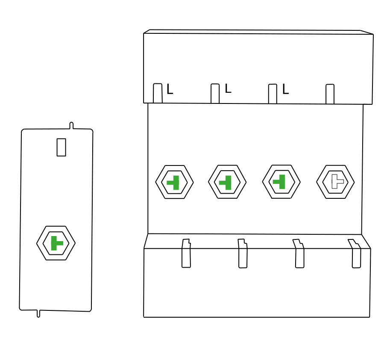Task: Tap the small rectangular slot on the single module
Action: [x=61, y=147]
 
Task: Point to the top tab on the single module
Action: [x=71, y=126]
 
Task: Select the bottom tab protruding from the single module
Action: [x=38, y=313]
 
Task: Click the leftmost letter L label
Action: [x=170, y=89]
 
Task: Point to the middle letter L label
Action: [x=228, y=88]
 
